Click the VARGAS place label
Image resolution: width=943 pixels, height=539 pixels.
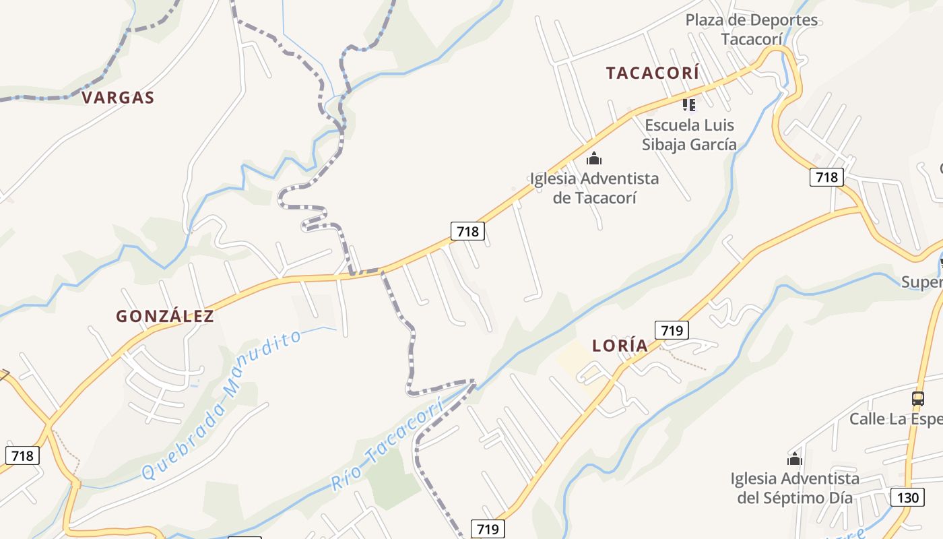[x=118, y=98]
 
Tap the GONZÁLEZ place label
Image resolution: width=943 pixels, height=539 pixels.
[x=165, y=316]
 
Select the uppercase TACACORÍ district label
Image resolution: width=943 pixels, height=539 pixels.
[x=652, y=73]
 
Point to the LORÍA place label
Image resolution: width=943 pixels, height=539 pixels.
[x=620, y=346]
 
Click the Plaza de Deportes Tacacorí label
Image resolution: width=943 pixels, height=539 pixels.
[x=752, y=29]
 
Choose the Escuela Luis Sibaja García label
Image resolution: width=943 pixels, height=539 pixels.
[x=689, y=135]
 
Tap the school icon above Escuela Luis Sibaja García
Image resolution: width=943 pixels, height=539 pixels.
[x=688, y=104]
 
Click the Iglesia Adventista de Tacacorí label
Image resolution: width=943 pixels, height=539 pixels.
[x=594, y=188]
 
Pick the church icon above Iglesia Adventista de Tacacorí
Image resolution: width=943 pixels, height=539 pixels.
[x=593, y=159]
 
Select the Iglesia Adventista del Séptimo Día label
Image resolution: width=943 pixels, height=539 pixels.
[x=795, y=488]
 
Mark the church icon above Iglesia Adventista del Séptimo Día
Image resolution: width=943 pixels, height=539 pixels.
[x=795, y=459]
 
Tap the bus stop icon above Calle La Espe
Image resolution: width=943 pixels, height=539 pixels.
[x=917, y=398]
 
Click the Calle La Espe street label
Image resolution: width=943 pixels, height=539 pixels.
[x=895, y=419]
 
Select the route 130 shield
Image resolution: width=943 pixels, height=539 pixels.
[x=907, y=498]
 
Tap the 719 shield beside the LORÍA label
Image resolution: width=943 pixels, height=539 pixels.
[x=672, y=330]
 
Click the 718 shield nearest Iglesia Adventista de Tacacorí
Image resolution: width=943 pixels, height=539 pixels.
[x=467, y=232]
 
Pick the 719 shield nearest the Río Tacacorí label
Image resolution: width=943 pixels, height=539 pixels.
[x=487, y=529]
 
